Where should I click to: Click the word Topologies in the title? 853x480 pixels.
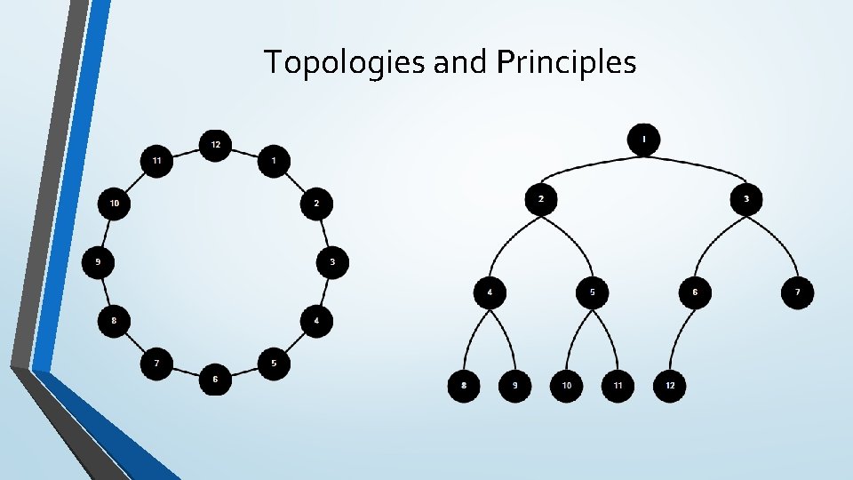click(345, 62)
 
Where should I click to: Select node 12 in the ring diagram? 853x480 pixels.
click(215, 144)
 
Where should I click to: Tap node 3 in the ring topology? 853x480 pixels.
click(332, 262)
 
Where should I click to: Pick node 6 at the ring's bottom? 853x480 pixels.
click(215, 380)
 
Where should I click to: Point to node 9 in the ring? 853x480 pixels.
click(98, 262)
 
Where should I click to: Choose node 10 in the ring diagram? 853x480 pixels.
click(114, 204)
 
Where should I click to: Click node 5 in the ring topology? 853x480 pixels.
click(274, 364)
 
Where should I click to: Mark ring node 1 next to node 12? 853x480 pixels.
click(274, 161)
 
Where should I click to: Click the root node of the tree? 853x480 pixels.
click(644, 140)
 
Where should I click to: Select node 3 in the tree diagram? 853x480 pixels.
click(746, 199)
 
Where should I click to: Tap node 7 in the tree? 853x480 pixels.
click(798, 292)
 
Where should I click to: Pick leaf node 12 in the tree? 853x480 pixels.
click(670, 386)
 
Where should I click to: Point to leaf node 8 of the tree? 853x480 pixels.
click(464, 386)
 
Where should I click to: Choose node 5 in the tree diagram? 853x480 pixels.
click(593, 292)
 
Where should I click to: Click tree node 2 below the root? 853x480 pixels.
click(541, 199)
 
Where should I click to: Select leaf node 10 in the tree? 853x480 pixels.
click(567, 386)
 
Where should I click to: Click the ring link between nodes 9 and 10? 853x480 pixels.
click(106, 233)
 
